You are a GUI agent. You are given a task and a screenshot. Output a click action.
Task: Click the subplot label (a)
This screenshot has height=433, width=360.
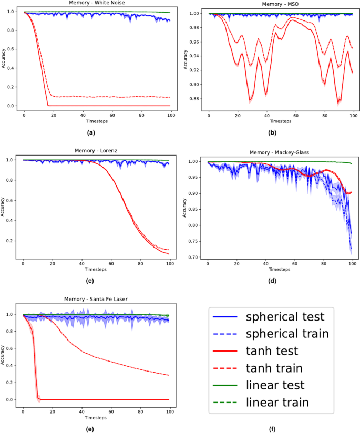91,132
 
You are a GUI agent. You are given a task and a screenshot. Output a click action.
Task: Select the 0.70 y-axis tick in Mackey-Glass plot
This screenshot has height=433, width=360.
194,257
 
